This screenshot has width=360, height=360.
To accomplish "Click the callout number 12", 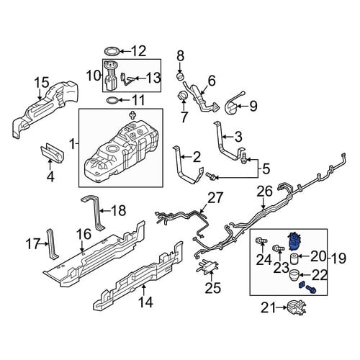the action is click(x=138, y=50).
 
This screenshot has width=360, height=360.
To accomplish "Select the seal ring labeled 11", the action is click(x=112, y=100).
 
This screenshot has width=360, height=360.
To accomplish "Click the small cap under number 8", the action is click(x=181, y=76).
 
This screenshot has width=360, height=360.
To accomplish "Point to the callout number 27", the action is click(x=215, y=199).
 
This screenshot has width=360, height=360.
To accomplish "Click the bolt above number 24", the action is click(x=261, y=240).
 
